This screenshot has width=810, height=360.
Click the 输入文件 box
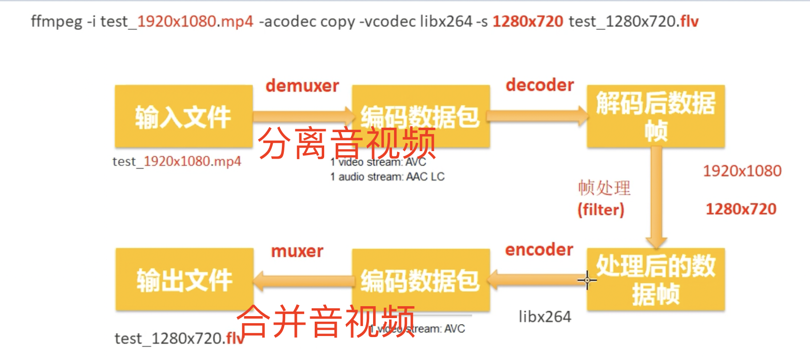184,116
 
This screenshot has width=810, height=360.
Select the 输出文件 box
185,279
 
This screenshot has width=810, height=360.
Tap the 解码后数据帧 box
655,116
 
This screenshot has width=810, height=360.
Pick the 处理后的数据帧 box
655,279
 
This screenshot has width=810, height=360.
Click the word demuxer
302,86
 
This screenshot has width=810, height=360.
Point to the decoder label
540,85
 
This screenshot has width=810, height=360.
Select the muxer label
297,251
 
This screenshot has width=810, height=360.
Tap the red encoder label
539,249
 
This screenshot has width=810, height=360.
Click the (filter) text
601,209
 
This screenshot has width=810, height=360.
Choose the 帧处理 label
604,188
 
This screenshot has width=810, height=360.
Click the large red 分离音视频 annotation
347,143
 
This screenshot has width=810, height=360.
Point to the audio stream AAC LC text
387,177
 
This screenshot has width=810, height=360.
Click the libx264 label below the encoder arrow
545,317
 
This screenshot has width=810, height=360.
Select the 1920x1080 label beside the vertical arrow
742,171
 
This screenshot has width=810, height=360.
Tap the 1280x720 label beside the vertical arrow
741,209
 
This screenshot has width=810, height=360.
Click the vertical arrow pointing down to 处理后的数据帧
656,199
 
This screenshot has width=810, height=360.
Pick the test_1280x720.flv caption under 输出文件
179,339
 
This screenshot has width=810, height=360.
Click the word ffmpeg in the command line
56,21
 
